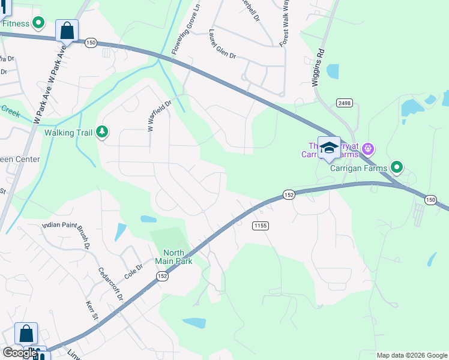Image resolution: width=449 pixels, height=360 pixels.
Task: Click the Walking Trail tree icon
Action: pyautogui.click(x=103, y=131)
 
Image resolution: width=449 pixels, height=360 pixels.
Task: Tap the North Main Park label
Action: pyautogui.click(x=173, y=257)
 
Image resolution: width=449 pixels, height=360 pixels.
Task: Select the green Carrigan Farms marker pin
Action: pyautogui.click(x=396, y=167)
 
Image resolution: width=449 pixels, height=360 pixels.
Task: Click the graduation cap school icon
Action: pyautogui.click(x=329, y=148)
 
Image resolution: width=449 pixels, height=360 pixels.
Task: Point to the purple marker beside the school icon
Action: pyautogui.click(x=369, y=148)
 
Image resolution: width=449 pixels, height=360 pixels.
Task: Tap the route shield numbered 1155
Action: pyautogui.click(x=260, y=226)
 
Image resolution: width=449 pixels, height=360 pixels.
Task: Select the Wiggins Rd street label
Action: pyautogui.click(x=318, y=68)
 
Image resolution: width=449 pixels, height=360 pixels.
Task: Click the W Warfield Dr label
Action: pyautogui.click(x=151, y=115)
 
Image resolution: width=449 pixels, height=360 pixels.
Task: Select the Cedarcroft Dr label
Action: pyautogui.click(x=110, y=283)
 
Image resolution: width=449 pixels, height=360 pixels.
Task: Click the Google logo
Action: pyautogui.click(x=19, y=353)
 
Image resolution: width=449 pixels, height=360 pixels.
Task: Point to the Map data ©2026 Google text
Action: pyautogui.click(x=412, y=355)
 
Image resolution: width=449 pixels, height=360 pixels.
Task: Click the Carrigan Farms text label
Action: pyautogui.click(x=358, y=168)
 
